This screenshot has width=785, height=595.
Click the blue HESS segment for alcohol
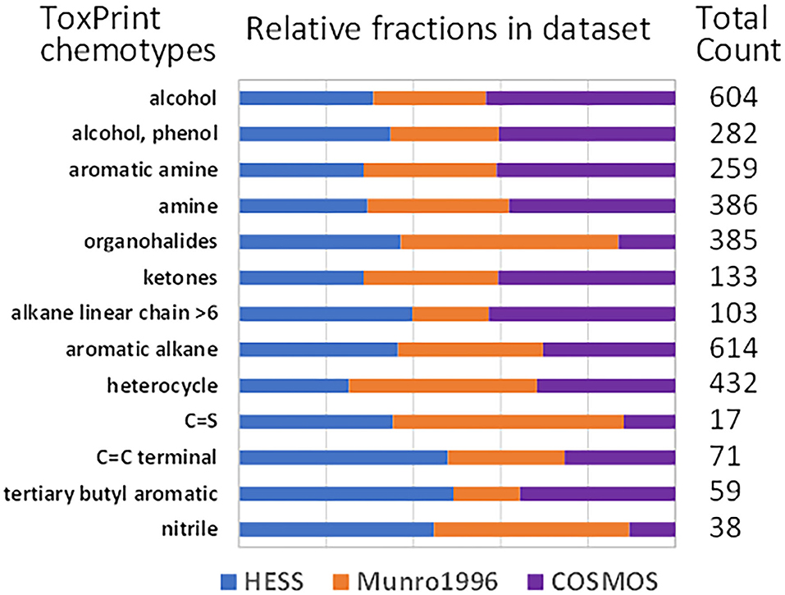tap(306, 98)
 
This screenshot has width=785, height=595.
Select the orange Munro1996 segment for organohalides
tap(509, 242)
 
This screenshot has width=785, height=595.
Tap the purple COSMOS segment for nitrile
tap(652, 529)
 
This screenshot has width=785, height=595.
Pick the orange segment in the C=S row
tap(508, 422)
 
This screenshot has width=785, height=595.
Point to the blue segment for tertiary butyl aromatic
tap(346, 493)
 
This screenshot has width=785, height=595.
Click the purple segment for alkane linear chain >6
tap(582, 314)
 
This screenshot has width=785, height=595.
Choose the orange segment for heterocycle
tap(443, 386)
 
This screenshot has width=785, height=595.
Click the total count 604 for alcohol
tap(731, 98)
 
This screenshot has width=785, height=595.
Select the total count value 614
tap(731, 350)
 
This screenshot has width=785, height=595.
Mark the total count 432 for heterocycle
tap(731, 386)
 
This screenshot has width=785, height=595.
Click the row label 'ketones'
tap(189, 277)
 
